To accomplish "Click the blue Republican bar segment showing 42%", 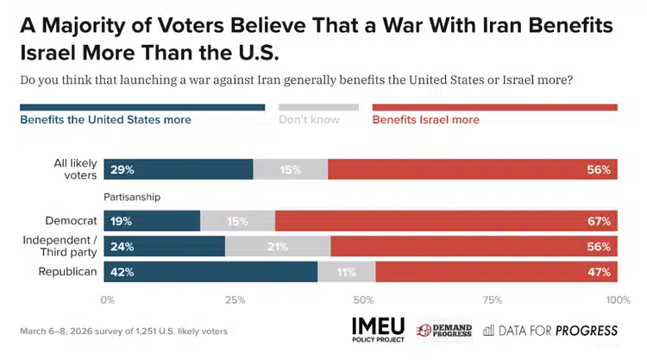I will [x=210, y=272].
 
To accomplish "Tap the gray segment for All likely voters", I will [x=291, y=169].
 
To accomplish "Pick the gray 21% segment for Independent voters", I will [x=278, y=246].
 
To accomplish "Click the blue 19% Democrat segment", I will [x=152, y=220].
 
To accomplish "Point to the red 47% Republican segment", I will [x=496, y=272].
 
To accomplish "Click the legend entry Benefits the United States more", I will [x=106, y=120].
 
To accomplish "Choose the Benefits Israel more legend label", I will [x=425, y=120].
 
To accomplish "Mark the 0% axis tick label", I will [x=108, y=300].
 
